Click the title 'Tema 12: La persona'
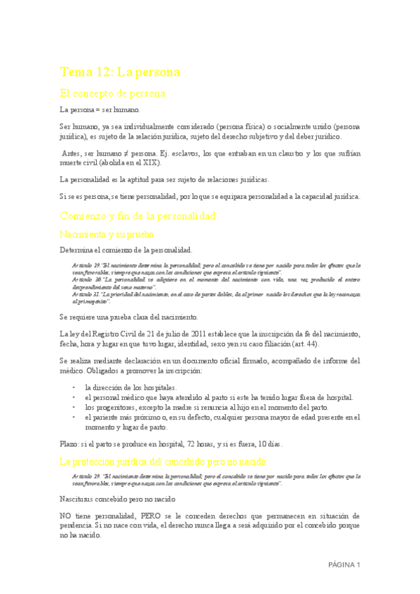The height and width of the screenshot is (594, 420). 120,72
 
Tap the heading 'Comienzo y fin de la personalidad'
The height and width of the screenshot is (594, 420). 137,216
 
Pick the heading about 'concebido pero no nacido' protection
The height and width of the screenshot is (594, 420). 163,462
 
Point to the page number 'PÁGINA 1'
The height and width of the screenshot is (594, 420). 344,565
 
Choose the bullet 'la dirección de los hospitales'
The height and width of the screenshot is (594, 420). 130,387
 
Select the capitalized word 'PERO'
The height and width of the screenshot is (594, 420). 151,516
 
